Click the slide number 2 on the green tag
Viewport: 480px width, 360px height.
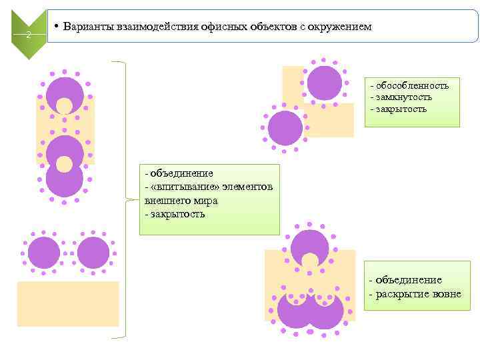click(x=28, y=35)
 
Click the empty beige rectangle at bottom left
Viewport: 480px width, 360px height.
click(x=67, y=303)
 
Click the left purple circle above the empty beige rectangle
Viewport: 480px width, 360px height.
click(x=44, y=253)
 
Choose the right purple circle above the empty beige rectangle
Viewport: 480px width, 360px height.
click(x=93, y=253)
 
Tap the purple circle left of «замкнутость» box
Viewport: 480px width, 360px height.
click(x=325, y=83)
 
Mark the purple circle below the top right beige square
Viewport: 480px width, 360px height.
click(x=285, y=127)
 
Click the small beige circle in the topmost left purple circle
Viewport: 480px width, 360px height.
click(x=64, y=106)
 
